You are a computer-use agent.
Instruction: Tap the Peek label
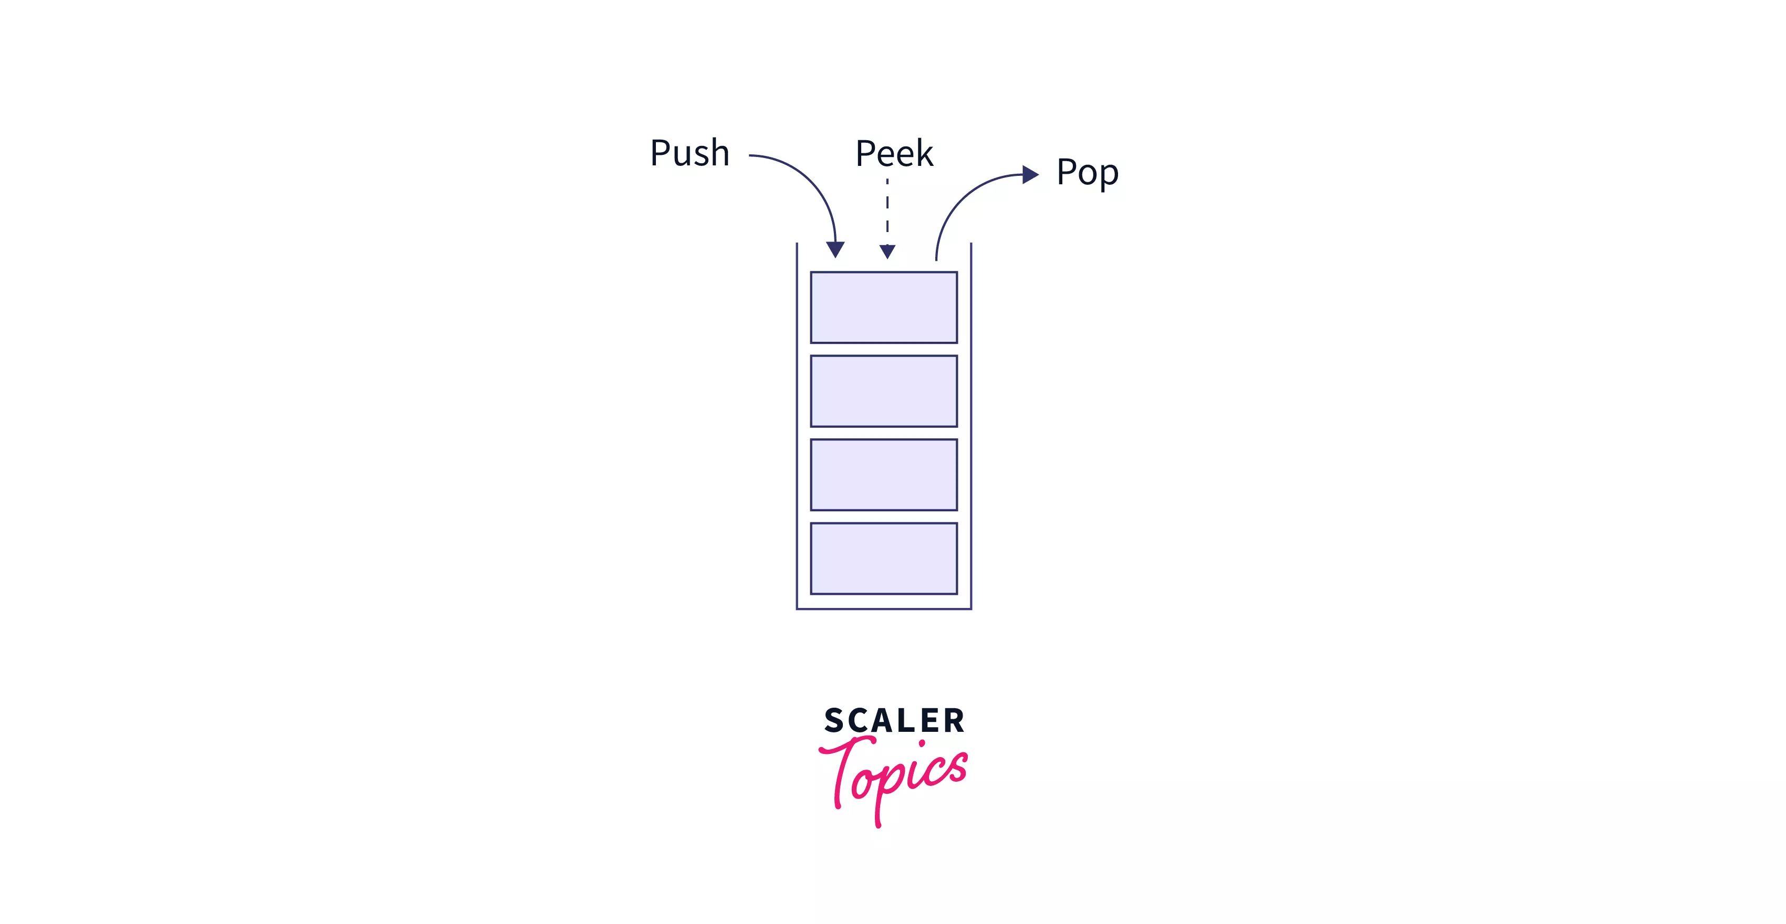pyautogui.click(x=894, y=153)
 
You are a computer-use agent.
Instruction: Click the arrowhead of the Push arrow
pyautogui.click(x=835, y=249)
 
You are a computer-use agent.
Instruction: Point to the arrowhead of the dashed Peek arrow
pyautogui.click(x=887, y=251)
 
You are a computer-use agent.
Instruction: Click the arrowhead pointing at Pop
pyautogui.click(x=1030, y=175)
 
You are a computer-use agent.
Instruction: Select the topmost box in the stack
pyautogui.click(x=883, y=307)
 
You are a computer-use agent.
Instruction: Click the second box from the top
pyautogui.click(x=883, y=391)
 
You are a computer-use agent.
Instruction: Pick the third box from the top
pyautogui.click(x=883, y=475)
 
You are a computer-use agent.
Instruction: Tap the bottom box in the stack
pyautogui.click(x=883, y=559)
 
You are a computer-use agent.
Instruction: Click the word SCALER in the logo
pyautogui.click(x=894, y=721)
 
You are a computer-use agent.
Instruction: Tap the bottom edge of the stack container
pyautogui.click(x=883, y=608)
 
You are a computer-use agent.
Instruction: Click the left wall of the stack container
pyautogui.click(x=797, y=430)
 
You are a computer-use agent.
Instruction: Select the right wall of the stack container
pyautogui.click(x=970, y=430)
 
